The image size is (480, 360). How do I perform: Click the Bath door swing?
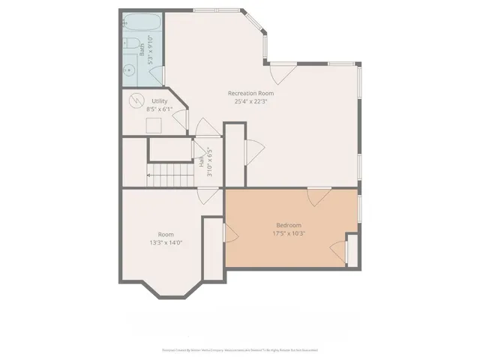[x=157, y=78]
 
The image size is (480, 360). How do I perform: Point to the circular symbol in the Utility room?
[x=137, y=100]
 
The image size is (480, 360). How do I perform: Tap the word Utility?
[x=160, y=100]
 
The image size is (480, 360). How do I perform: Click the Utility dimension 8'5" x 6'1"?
[x=160, y=109]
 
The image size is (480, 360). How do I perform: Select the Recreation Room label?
[x=250, y=93]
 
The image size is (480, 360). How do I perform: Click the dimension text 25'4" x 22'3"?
[x=250, y=101]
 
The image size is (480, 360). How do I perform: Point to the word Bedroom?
[x=289, y=225]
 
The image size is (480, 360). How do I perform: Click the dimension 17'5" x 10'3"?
[x=289, y=233]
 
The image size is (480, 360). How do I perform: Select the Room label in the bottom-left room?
[x=166, y=234]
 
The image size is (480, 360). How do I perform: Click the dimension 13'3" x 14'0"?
[x=166, y=242]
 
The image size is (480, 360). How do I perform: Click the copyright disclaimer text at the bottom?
[x=239, y=349]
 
